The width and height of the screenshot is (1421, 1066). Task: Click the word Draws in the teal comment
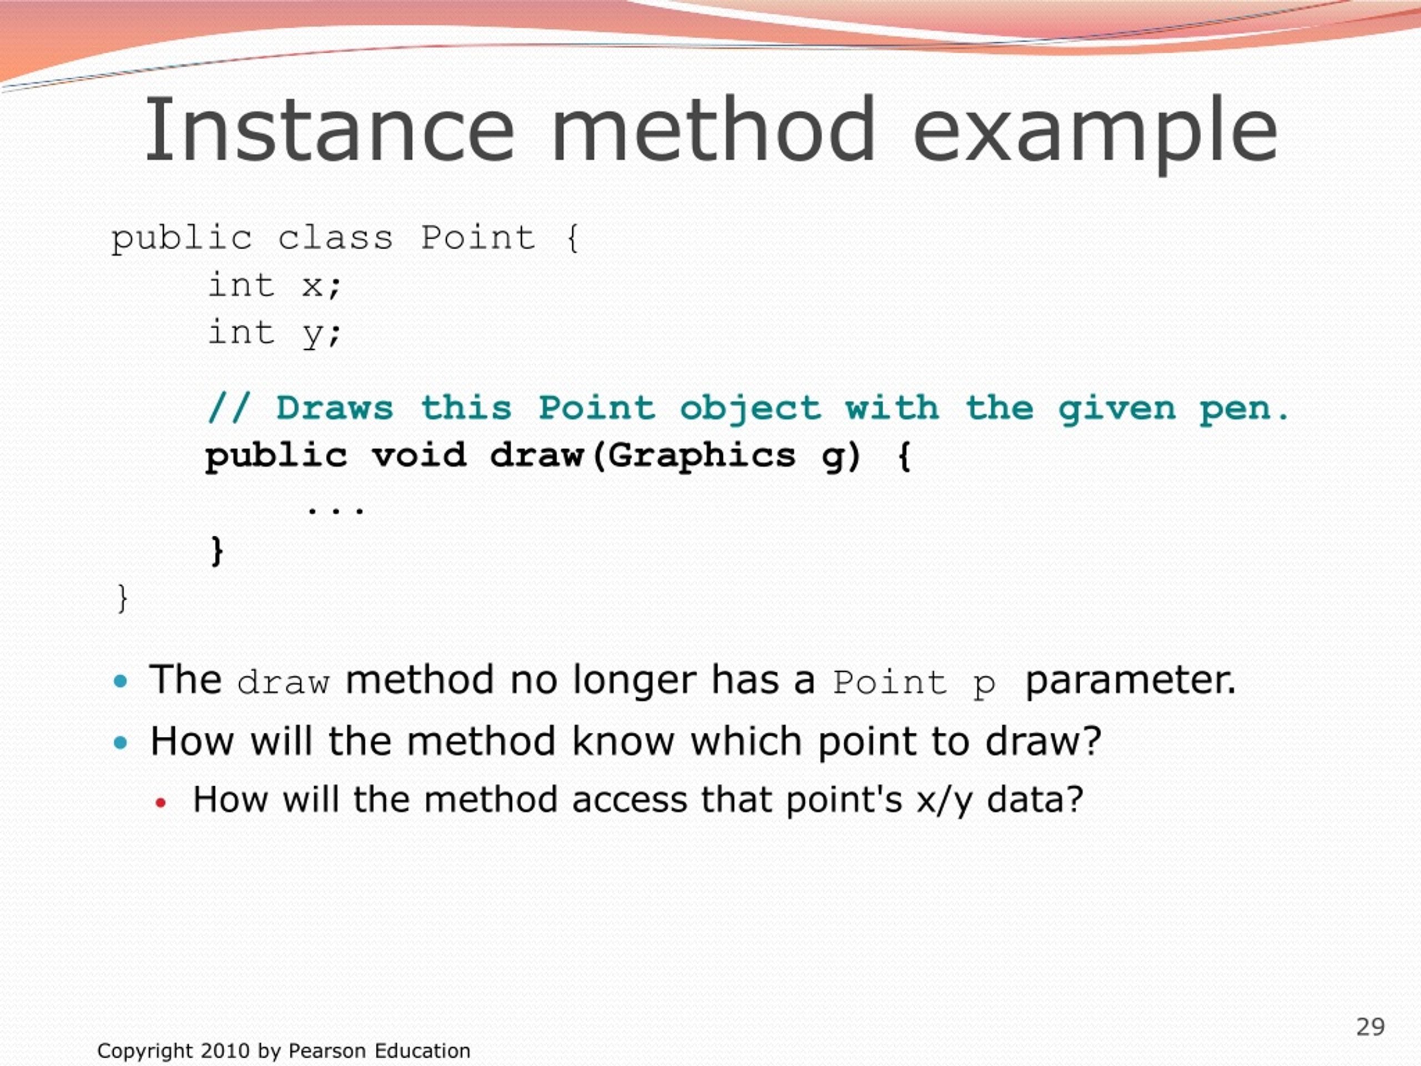click(335, 408)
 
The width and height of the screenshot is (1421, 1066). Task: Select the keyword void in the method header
click(419, 456)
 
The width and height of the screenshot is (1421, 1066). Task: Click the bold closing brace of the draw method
click(217, 551)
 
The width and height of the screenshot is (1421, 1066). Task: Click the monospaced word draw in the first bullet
click(283, 682)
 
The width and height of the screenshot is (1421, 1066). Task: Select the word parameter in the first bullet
click(1130, 681)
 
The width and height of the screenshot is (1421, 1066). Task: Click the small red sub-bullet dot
click(160, 802)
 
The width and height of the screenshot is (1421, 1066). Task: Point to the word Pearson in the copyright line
click(327, 1050)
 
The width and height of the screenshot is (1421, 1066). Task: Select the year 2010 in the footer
click(225, 1050)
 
